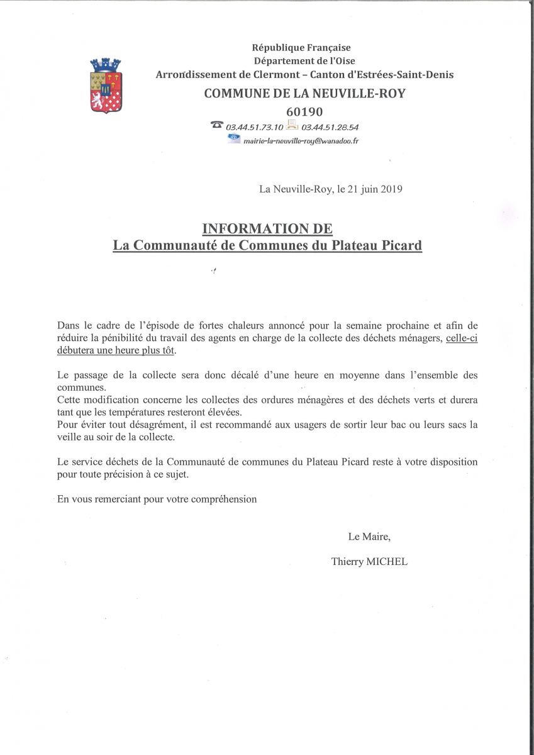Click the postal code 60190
coord(304,111)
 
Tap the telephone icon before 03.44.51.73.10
coord(218,125)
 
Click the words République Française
coord(301,47)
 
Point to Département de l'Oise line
coord(304,61)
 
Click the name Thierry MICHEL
coord(369,562)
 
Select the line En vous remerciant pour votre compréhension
coord(157,499)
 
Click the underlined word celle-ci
coord(462,338)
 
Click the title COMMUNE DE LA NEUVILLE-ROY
coord(304,94)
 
